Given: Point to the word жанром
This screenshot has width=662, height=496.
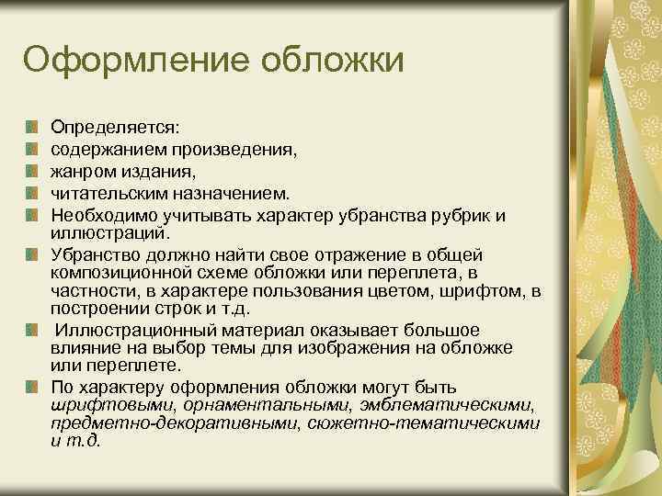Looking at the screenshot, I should pyautogui.click(x=78, y=170).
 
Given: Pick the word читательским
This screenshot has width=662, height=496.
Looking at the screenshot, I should pyautogui.click(x=104, y=193).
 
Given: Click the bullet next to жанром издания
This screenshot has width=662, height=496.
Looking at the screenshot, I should pyautogui.click(x=33, y=171).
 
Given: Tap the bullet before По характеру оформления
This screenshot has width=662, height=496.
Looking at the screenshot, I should pyautogui.click(x=33, y=387).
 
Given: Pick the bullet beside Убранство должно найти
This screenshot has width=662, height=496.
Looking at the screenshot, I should pyautogui.click(x=33, y=255).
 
